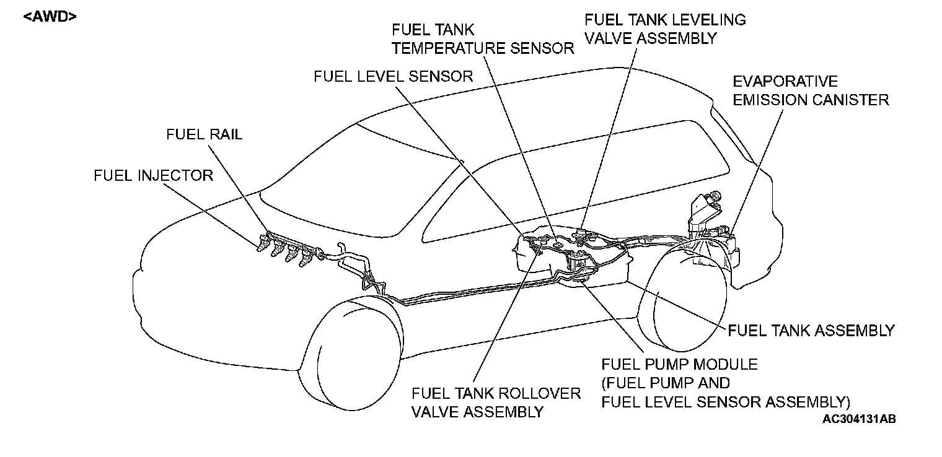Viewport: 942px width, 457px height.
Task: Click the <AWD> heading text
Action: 50,17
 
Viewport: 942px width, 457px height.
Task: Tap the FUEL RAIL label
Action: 204,134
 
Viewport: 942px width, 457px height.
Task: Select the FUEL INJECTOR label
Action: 153,176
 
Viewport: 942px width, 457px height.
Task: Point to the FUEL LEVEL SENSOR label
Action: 394,76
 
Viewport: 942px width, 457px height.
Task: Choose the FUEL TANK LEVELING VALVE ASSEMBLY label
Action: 665,28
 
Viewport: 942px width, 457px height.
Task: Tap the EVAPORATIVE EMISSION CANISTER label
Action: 811,90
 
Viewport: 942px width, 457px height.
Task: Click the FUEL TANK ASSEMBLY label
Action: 811,330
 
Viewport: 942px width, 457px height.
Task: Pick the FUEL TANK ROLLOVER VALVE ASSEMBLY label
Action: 496,403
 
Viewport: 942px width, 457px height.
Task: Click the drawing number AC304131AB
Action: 859,419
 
